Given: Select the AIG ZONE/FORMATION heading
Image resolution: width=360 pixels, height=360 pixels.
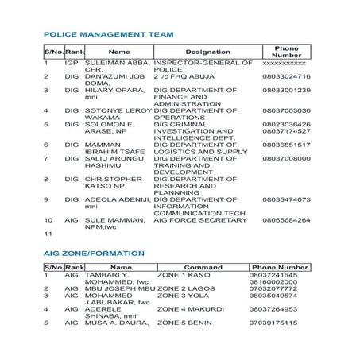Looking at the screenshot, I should (94, 253).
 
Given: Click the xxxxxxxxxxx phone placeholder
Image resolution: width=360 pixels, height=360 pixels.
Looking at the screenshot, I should (285, 62).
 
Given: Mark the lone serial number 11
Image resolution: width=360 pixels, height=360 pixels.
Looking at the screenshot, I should (48, 234).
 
